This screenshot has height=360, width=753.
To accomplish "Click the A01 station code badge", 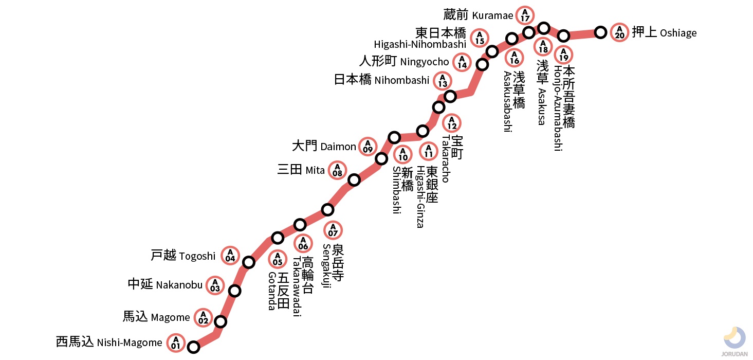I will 176,343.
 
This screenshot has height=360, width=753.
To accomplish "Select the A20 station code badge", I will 620,32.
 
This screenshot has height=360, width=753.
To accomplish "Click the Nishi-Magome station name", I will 109,342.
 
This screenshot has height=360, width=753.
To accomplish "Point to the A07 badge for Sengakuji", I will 333,230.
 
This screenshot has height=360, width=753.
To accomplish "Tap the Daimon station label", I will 324,147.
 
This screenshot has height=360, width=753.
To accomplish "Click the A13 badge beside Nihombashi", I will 443,81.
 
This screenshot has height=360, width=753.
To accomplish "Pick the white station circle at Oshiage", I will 600,32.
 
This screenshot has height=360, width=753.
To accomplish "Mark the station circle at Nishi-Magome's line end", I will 193,347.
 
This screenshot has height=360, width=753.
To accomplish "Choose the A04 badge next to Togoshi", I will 230,255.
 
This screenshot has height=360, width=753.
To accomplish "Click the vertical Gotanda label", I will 278,291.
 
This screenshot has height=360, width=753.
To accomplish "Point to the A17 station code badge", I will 525,15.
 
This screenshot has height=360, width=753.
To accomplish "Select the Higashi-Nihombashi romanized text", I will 420,45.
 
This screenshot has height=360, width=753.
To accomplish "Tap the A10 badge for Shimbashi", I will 402,155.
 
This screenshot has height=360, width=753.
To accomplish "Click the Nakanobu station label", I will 165,284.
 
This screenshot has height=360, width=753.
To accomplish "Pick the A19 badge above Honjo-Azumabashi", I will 564,55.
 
